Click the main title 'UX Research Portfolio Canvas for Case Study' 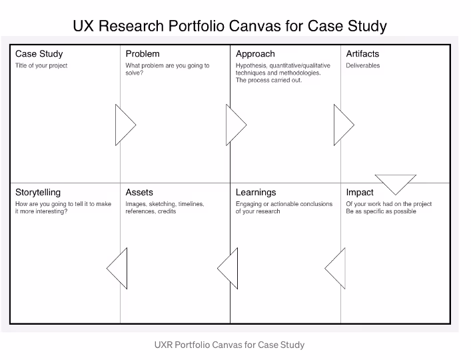229,26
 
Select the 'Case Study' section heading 39,54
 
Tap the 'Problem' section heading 143,54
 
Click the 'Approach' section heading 255,54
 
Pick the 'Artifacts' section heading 362,54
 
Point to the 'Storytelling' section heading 38,193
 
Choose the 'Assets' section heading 139,193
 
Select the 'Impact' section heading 360,193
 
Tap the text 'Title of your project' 41,66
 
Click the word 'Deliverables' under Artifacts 363,66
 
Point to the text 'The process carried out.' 268,81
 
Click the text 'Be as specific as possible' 381,211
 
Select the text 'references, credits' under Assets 151,211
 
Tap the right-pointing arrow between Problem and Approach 235,125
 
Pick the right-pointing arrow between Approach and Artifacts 342,125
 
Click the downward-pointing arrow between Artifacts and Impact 396,183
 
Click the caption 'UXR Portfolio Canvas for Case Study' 229,345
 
